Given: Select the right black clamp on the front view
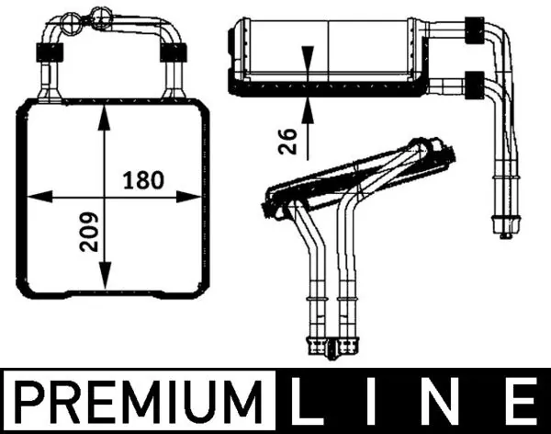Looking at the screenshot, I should pyautogui.click(x=171, y=52).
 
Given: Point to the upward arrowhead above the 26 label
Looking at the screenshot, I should pyautogui.click(x=309, y=103).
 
